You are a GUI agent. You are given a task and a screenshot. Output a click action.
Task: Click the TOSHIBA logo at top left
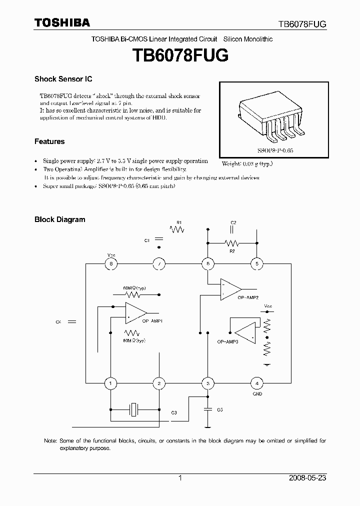62,22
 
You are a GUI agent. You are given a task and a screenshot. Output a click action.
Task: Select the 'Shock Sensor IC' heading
63,79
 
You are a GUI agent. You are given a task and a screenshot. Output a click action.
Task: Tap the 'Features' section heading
49,141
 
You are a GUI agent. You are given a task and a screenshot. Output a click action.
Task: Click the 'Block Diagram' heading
59,219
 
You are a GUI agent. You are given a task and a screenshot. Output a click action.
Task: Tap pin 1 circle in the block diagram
110,383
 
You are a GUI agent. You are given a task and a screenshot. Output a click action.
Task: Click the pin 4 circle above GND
256,383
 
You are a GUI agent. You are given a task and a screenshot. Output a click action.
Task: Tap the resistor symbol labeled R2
231,243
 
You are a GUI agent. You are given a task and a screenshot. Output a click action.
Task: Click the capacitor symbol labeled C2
232,229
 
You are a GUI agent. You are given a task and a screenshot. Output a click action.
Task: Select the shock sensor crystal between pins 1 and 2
134,409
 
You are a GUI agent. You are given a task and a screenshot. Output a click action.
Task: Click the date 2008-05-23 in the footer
307,478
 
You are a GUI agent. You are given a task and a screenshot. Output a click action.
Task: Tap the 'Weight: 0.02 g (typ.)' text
247,163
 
